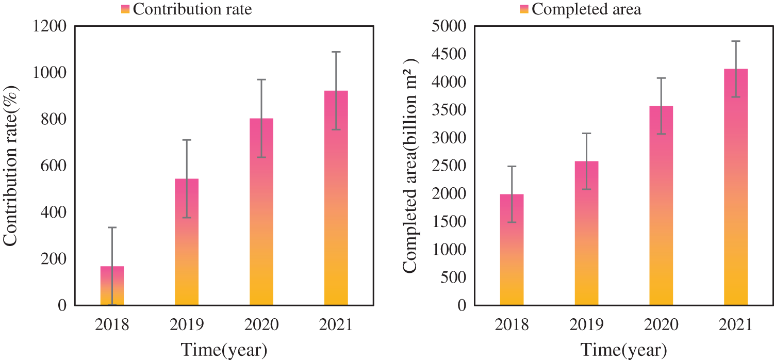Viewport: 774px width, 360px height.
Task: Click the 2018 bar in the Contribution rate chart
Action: click(112, 286)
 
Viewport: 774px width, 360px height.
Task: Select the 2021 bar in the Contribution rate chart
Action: click(336, 198)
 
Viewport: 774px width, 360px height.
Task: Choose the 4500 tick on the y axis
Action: click(449, 54)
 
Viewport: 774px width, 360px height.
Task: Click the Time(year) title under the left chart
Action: click(224, 349)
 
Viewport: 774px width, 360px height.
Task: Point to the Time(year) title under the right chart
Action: click(623, 349)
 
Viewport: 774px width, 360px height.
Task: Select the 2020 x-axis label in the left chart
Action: click(261, 325)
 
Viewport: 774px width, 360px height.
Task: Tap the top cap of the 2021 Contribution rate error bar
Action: click(336, 52)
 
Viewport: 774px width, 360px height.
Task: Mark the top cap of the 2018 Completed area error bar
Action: click(512, 167)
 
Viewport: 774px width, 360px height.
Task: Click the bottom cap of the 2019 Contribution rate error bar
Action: click(187, 218)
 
